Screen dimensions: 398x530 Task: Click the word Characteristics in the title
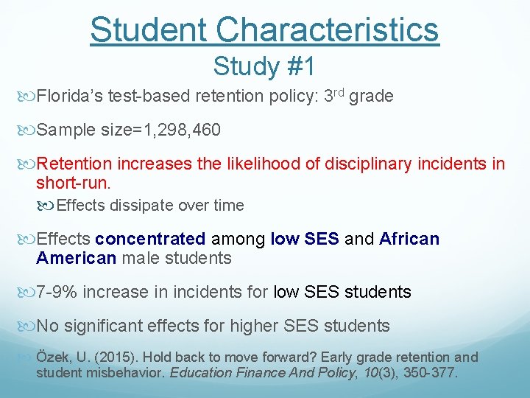click(328, 29)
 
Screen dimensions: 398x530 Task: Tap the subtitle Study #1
click(264, 66)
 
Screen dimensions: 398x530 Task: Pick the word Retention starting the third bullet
click(74, 164)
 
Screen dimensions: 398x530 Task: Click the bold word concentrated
click(150, 239)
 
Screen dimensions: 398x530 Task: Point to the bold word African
click(409, 239)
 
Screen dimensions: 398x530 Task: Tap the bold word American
click(76, 258)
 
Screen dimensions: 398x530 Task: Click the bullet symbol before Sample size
click(29, 130)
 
